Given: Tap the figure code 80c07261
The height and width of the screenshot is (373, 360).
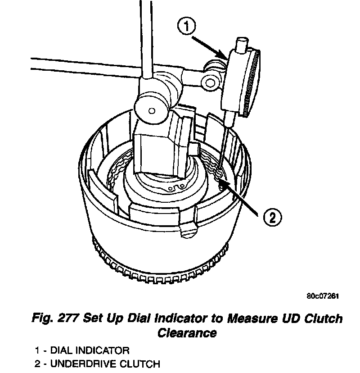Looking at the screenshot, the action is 322,296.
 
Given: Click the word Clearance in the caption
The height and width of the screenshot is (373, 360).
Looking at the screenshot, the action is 187,333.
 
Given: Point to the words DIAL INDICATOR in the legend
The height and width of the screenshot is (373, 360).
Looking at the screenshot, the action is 90,350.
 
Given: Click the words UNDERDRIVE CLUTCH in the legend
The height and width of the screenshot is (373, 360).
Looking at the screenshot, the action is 105,363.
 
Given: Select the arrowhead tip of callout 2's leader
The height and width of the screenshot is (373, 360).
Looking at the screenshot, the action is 222,182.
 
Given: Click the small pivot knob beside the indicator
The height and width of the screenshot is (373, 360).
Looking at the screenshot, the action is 210,82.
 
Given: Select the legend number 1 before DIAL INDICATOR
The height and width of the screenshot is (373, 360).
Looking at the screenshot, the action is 37,350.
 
